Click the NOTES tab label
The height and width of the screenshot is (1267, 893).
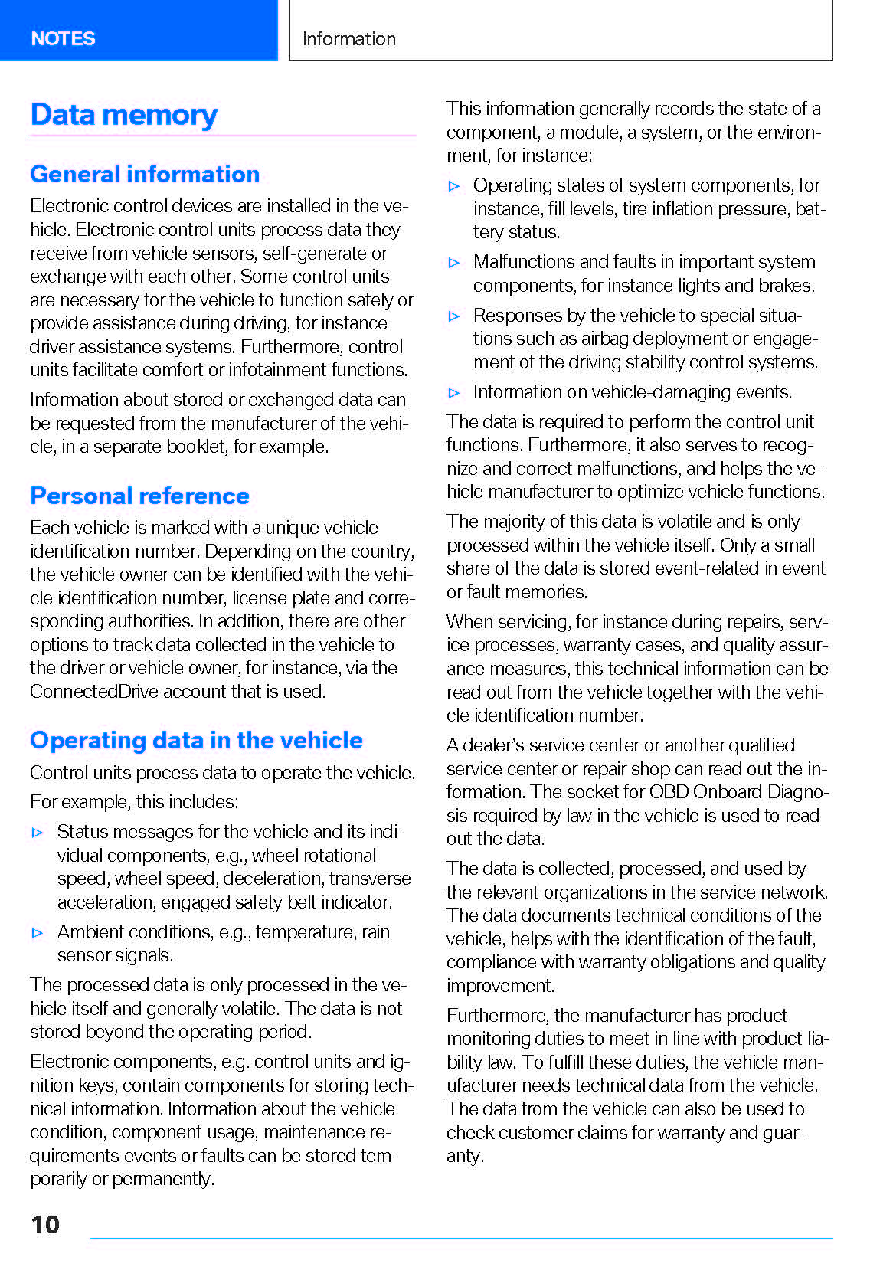coord(63,38)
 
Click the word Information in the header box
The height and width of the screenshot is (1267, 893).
coord(348,39)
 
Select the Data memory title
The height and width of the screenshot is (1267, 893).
coord(124,115)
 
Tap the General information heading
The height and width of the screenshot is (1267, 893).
coord(145,174)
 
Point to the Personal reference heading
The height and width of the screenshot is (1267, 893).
coord(139,496)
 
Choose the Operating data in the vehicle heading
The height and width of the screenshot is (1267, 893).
coord(196,740)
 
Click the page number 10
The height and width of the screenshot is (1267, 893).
coord(45,1224)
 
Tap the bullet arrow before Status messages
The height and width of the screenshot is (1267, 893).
coord(38,832)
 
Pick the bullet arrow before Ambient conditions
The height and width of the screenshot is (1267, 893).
coord(38,932)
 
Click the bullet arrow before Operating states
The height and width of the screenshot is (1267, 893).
coord(454,185)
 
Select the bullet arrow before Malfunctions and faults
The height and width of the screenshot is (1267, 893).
coord(454,262)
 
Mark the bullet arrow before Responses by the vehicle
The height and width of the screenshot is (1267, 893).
coord(454,316)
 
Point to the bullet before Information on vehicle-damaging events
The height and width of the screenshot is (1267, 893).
coord(454,392)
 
